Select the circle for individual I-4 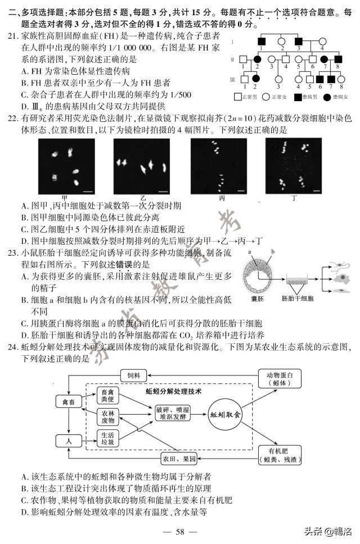click(x=322, y=42)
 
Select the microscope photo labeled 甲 click(x=65, y=166)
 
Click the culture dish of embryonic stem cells click(x=299, y=279)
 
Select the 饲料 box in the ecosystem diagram click(x=136, y=375)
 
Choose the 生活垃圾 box click(x=109, y=438)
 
